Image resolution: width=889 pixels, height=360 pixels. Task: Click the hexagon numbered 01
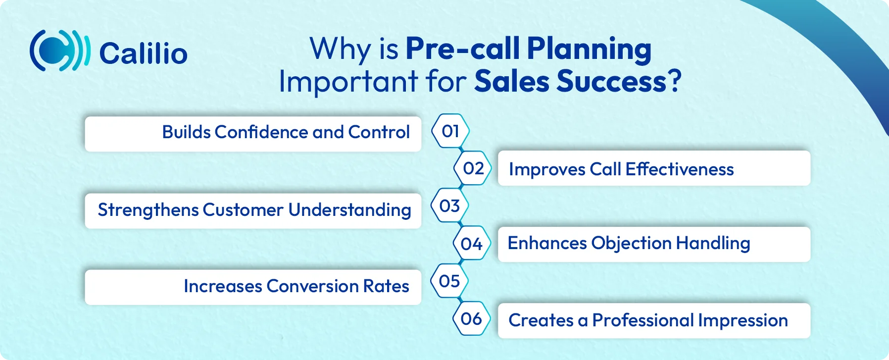pyautogui.click(x=450, y=131)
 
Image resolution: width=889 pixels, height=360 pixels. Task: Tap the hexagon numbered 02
pyautogui.click(x=473, y=169)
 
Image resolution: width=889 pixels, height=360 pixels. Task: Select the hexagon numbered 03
pyautogui.click(x=449, y=206)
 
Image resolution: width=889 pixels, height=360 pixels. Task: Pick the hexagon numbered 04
pyautogui.click(x=472, y=244)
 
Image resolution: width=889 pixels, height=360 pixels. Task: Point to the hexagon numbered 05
pyautogui.click(x=449, y=281)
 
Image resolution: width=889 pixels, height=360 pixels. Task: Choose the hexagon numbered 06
pyautogui.click(x=471, y=319)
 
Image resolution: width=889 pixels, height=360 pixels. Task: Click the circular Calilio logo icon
pyautogui.click(x=60, y=51)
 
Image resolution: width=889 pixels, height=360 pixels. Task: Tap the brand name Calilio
pyautogui.click(x=144, y=53)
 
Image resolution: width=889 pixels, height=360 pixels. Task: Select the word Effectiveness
pyautogui.click(x=679, y=169)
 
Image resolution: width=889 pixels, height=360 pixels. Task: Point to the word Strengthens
pyautogui.click(x=148, y=210)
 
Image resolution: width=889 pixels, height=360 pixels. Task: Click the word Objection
pyautogui.click(x=631, y=243)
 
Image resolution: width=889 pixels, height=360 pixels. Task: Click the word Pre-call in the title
pyautogui.click(x=462, y=49)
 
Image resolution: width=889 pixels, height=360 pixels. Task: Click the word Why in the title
pyautogui.click(x=340, y=50)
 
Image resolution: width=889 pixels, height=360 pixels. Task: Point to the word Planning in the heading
pyautogui.click(x=589, y=49)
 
